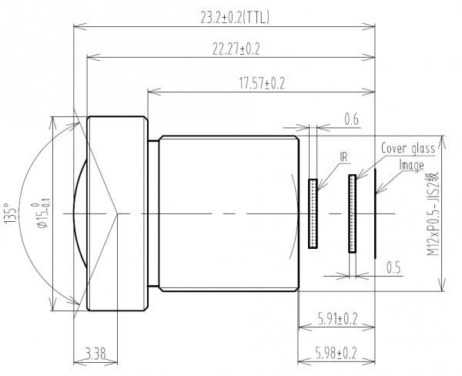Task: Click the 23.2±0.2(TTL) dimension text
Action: point(235,18)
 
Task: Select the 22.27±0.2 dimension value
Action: point(236,49)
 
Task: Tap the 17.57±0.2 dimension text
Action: point(262,83)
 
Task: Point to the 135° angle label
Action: point(10,213)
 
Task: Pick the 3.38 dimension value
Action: point(95,354)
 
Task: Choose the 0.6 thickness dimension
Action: point(352,119)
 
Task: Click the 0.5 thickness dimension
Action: point(393,268)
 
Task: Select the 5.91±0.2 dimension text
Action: point(338,319)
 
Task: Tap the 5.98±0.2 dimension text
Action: point(336,353)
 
